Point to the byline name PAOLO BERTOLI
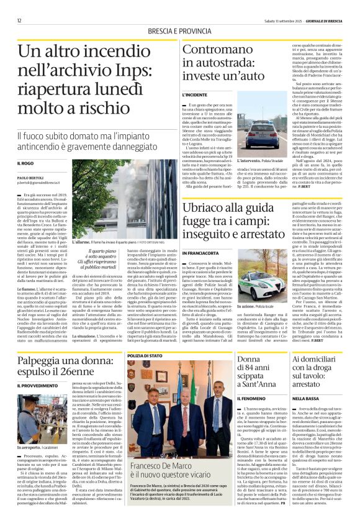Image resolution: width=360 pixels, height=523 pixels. [x=29, y=178]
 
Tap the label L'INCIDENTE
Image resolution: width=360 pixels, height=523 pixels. [x=194, y=94]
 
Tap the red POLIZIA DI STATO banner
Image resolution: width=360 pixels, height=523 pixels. [x=144, y=355]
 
